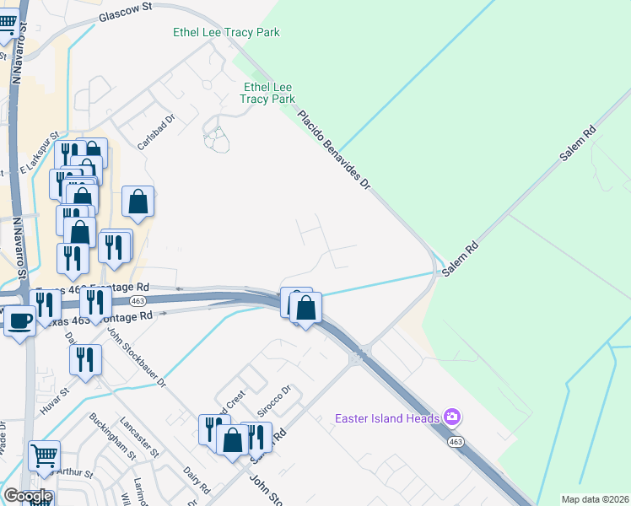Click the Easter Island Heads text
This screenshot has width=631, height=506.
pyautogui.click(x=387, y=418)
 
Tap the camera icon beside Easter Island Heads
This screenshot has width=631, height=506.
pyautogui.click(x=452, y=417)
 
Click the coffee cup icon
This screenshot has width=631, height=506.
pyautogui.click(x=20, y=320)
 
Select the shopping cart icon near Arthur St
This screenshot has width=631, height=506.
pyautogui.click(x=44, y=455)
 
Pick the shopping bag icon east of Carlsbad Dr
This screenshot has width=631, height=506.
pyautogui.click(x=138, y=202)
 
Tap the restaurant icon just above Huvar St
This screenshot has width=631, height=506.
pyautogui.click(x=85, y=359)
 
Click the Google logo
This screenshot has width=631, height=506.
pyautogui.click(x=27, y=496)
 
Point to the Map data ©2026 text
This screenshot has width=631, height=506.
pyautogui.click(x=594, y=499)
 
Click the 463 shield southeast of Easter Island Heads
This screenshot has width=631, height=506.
pyautogui.click(x=456, y=441)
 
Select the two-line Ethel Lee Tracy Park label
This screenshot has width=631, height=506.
pyautogui.click(x=267, y=93)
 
